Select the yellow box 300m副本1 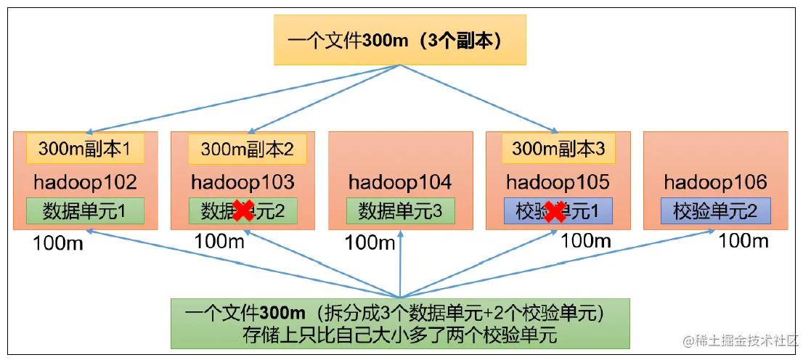click(85, 149)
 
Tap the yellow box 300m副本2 click(248, 149)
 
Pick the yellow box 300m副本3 click(558, 149)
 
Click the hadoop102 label click(85, 181)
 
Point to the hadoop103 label click(243, 181)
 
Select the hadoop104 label click(400, 181)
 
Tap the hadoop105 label click(558, 181)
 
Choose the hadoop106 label click(716, 181)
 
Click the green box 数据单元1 click(85, 211)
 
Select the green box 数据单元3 click(400, 211)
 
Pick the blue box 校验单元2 click(716, 211)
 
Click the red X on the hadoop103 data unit click(243, 211)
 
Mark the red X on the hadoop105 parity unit click(556, 212)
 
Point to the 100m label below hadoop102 click(58, 243)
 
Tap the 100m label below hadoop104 click(370, 242)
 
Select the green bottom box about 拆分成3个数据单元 click(400, 324)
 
